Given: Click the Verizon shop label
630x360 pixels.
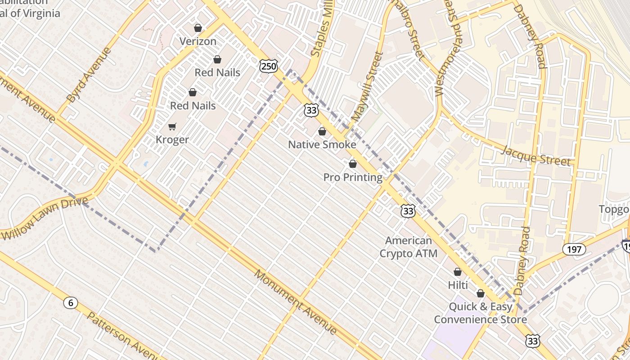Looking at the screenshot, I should pyautogui.click(x=198, y=41).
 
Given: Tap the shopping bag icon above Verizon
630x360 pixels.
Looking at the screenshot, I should pyautogui.click(x=198, y=28).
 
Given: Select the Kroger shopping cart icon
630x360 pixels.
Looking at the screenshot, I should pyautogui.click(x=172, y=126).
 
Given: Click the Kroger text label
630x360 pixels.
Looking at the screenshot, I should pyautogui.click(x=172, y=140).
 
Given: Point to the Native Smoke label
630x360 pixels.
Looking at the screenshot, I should pyautogui.click(x=322, y=144).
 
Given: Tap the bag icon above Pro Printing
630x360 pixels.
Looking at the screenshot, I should pyautogui.click(x=353, y=164).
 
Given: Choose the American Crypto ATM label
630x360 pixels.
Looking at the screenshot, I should pyautogui.click(x=408, y=247).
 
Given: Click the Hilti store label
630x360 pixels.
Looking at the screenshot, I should pyautogui.click(x=458, y=285).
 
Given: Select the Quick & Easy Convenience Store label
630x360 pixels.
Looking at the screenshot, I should pyautogui.click(x=480, y=313).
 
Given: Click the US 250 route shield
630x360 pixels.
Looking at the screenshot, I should pyautogui.click(x=269, y=66).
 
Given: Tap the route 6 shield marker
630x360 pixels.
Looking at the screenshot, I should pyautogui.click(x=70, y=302).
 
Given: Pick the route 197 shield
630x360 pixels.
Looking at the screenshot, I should pyautogui.click(x=574, y=249).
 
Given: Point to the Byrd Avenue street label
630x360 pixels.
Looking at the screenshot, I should pyautogui.click(x=89, y=75).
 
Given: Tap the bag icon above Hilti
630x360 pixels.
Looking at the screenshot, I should pyautogui.click(x=458, y=272).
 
